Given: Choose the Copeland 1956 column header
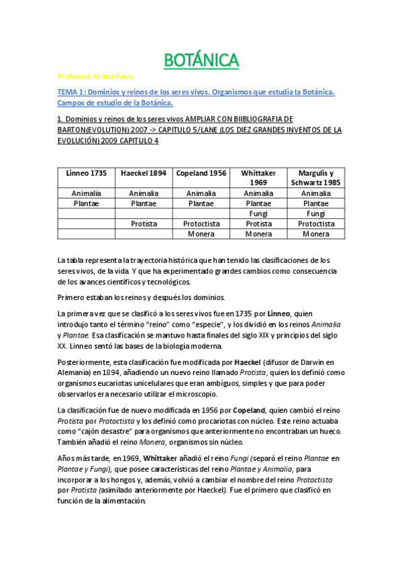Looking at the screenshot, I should click(201, 173).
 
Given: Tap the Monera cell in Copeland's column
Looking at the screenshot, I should click(201, 234).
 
